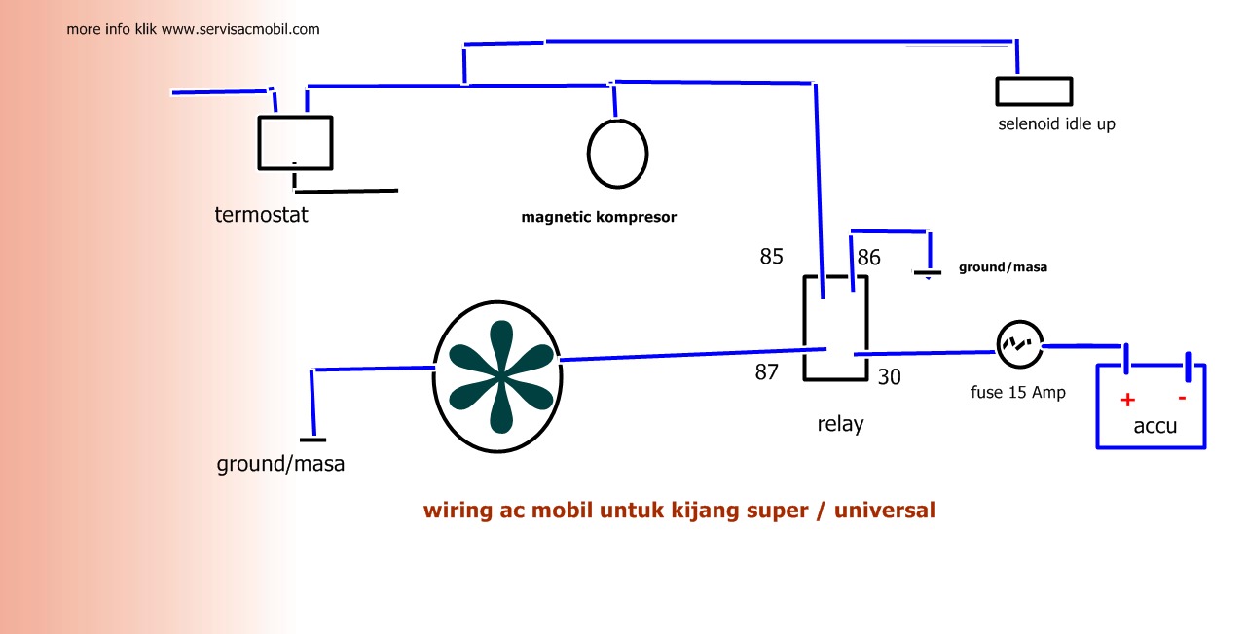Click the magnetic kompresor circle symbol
(617, 153)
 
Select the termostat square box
(295, 143)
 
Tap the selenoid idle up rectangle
(1034, 91)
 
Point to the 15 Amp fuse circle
(1019, 345)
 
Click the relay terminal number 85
(772, 258)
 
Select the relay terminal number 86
(869, 258)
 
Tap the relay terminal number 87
(767, 371)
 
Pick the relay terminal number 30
(890, 376)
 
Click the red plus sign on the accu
(1128, 400)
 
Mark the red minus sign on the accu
(1182, 397)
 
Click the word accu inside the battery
(1155, 426)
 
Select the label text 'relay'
(840, 424)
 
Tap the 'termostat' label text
(261, 215)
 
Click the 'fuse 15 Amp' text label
(1018, 393)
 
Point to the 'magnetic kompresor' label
(599, 217)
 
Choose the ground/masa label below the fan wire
(280, 464)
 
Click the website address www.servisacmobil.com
(240, 29)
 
